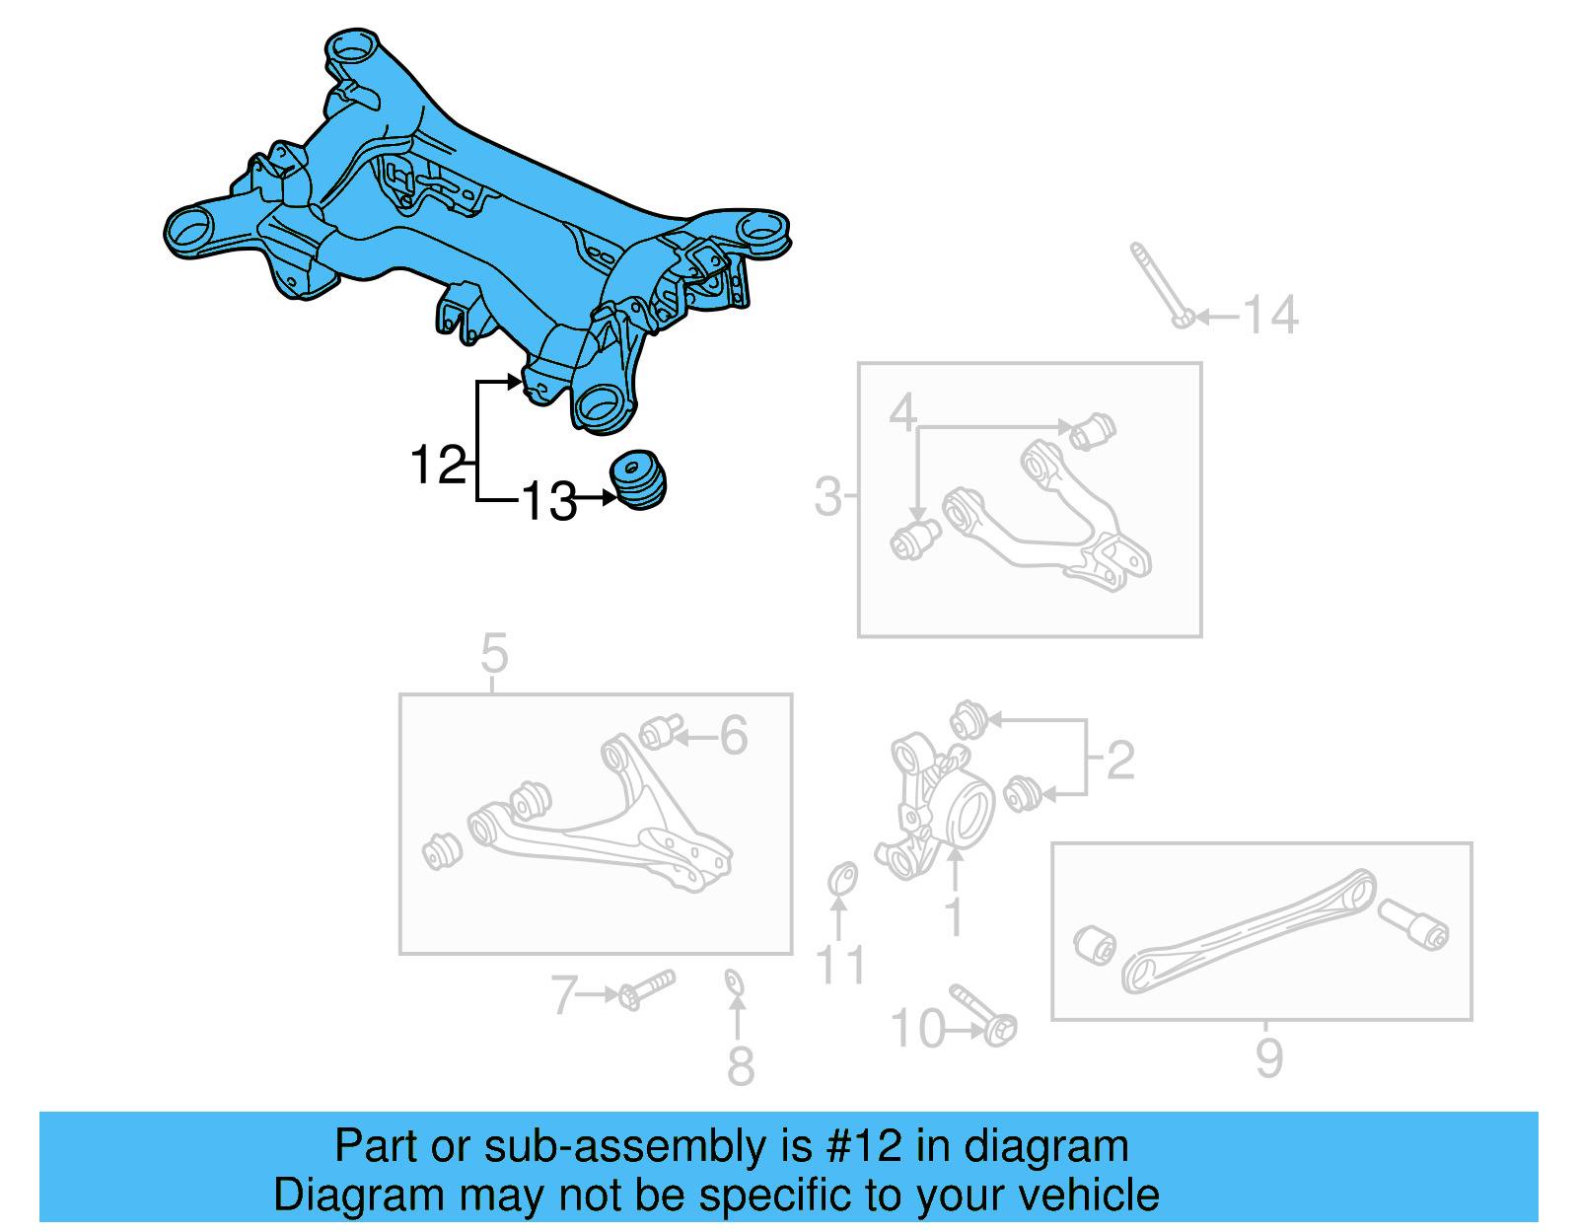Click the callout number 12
438,465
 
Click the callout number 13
548,501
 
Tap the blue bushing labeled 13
639,479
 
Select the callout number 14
1270,316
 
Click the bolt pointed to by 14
1160,284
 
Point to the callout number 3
828,497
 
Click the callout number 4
902,411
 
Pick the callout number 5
494,653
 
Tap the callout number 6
734,736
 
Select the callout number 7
563,994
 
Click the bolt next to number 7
646,988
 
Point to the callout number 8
741,1066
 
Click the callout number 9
1269,1058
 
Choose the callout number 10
917,1029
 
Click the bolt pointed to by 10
984,1012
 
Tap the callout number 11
840,965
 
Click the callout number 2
1120,760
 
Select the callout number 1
953,916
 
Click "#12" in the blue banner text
864,1146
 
